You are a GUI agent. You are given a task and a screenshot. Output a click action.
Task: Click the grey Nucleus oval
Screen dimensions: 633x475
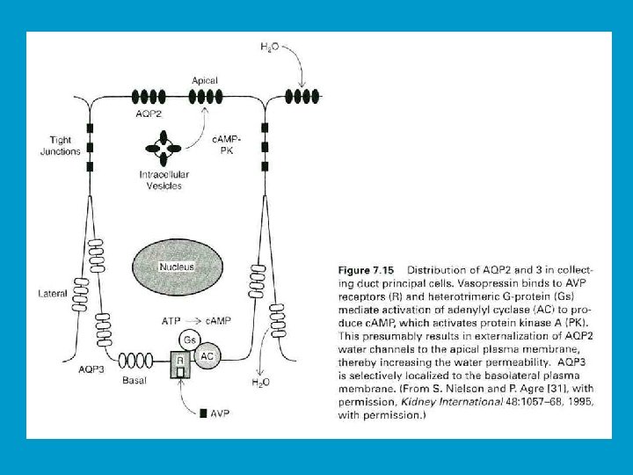tap(176, 266)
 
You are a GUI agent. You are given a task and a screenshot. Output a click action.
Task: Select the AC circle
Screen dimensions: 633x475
tap(207, 357)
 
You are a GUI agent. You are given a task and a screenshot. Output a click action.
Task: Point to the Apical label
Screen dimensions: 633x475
tap(204, 80)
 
